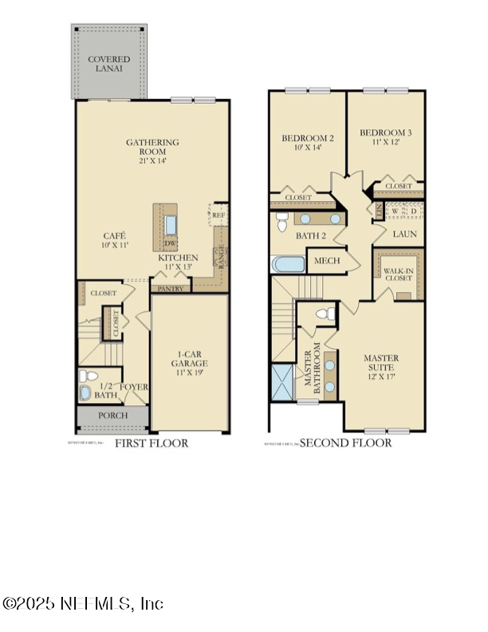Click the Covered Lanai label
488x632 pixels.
click(108, 64)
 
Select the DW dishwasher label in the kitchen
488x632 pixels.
click(170, 244)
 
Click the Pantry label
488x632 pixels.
click(171, 289)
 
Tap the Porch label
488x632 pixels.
click(112, 416)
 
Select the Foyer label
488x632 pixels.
click(134, 388)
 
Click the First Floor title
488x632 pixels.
click(152, 443)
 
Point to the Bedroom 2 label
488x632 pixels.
click(308, 143)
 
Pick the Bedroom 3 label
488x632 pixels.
click(385, 137)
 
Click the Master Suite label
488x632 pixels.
click(381, 363)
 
